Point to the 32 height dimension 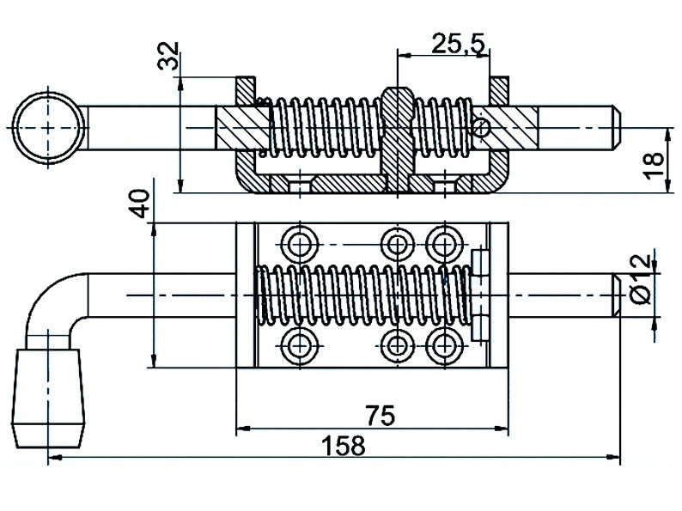[170, 57]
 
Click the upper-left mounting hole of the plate [301, 243]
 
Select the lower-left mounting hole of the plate [301, 344]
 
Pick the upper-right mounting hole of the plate [444, 243]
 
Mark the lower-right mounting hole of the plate [444, 344]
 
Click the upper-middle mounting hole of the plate [396, 243]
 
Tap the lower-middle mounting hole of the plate [396, 344]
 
